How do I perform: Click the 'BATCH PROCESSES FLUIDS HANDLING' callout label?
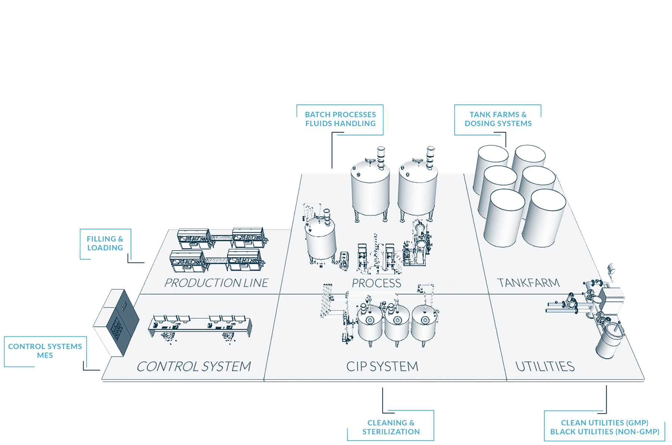pyautogui.click(x=340, y=119)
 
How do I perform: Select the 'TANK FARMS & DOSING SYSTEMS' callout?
pyautogui.click(x=498, y=119)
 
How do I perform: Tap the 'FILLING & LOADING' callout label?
pyautogui.click(x=105, y=243)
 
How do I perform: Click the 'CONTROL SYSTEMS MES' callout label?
pyautogui.click(x=45, y=351)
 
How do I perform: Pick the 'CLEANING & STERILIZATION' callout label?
pyautogui.click(x=391, y=427)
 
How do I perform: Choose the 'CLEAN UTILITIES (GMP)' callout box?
pyautogui.click(x=604, y=427)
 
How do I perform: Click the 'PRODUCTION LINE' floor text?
pyautogui.click(x=216, y=283)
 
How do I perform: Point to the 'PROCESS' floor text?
pyautogui.click(x=376, y=283)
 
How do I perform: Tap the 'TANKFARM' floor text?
pyautogui.click(x=528, y=283)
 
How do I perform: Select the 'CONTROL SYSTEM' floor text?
pyautogui.click(x=194, y=366)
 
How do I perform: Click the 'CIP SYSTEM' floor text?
pyautogui.click(x=382, y=366)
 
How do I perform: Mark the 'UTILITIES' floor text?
pyautogui.click(x=545, y=366)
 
